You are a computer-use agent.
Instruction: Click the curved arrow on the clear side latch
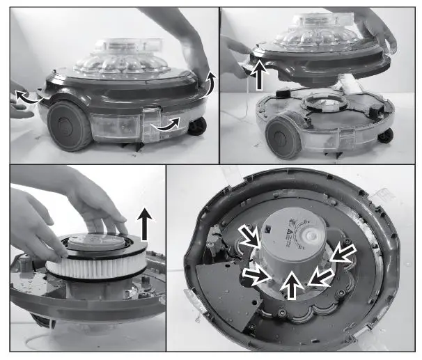tap(169, 125)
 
